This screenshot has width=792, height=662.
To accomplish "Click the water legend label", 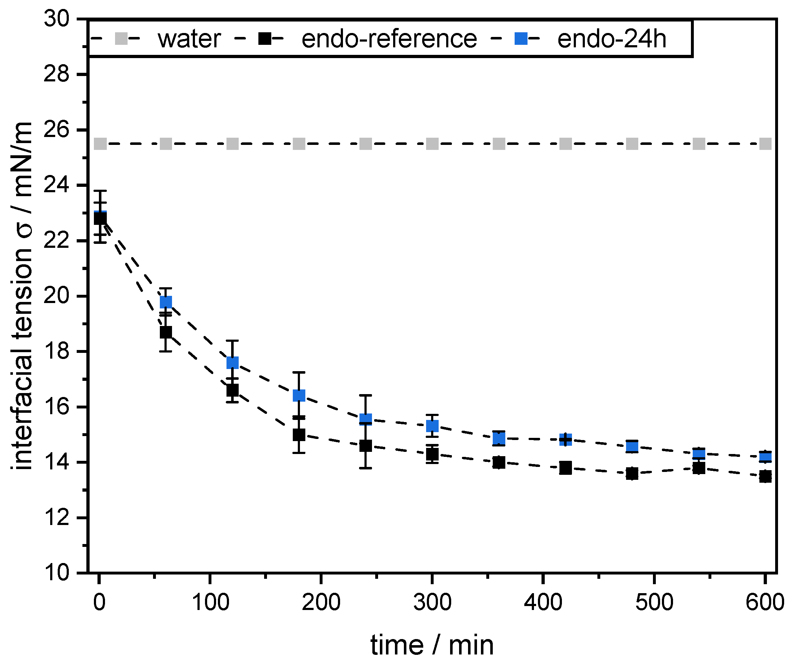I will click(x=189, y=39).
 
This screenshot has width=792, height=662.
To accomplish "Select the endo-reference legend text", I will click(x=389, y=39).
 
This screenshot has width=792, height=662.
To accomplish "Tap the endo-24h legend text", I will click(x=611, y=39).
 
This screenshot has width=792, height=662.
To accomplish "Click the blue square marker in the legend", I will click(x=521, y=38).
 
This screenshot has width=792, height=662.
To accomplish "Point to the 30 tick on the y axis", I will click(x=57, y=19).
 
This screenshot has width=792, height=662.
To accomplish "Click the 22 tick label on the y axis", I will click(x=57, y=240).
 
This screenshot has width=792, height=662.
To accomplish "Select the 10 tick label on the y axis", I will click(x=57, y=573).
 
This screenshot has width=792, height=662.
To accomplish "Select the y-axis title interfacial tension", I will click(x=22, y=296).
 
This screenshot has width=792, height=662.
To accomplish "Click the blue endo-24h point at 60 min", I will click(x=166, y=302).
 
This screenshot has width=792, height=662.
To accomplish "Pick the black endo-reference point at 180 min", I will click(x=299, y=435).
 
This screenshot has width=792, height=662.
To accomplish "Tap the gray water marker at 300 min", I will click(x=432, y=144).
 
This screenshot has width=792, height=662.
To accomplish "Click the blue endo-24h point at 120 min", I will click(x=233, y=363).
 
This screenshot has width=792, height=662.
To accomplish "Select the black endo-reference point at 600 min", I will click(x=765, y=477).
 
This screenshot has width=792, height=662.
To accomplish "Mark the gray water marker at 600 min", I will click(x=765, y=144).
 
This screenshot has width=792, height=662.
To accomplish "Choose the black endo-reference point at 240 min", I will click(x=366, y=446).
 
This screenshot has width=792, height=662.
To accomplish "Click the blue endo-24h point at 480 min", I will click(x=632, y=447).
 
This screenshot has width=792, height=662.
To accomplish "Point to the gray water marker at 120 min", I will click(x=233, y=144).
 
